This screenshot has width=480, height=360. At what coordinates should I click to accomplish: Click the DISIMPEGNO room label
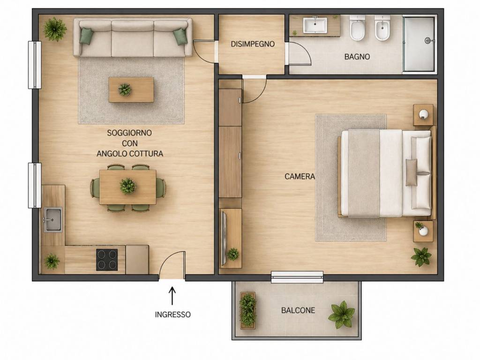253,44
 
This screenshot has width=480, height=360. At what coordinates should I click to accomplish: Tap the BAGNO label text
357,57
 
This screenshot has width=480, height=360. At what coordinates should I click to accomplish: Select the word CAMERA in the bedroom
300,176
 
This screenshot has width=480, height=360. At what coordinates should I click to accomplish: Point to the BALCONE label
298,310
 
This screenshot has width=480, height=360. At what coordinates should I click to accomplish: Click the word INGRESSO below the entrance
172,315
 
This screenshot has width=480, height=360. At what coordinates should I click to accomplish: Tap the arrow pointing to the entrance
172,296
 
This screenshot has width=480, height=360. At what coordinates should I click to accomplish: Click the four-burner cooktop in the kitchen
107,260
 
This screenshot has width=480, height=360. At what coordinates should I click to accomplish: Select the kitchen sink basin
52,219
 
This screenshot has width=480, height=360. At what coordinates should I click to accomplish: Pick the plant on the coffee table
125,90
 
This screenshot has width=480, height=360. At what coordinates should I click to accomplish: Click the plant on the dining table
127,186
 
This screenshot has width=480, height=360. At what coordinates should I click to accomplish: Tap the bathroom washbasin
315,25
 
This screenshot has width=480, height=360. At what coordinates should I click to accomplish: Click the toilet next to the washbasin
357,28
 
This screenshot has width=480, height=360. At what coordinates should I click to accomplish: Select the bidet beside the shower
382,28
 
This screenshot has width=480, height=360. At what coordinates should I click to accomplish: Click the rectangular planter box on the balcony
247,310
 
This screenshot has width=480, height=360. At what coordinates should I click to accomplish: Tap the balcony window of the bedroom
297,277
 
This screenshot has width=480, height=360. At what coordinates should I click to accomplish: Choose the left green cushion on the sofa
86,36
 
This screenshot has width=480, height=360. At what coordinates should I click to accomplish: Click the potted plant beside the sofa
54,29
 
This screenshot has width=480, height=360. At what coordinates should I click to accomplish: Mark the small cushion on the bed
412,172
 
